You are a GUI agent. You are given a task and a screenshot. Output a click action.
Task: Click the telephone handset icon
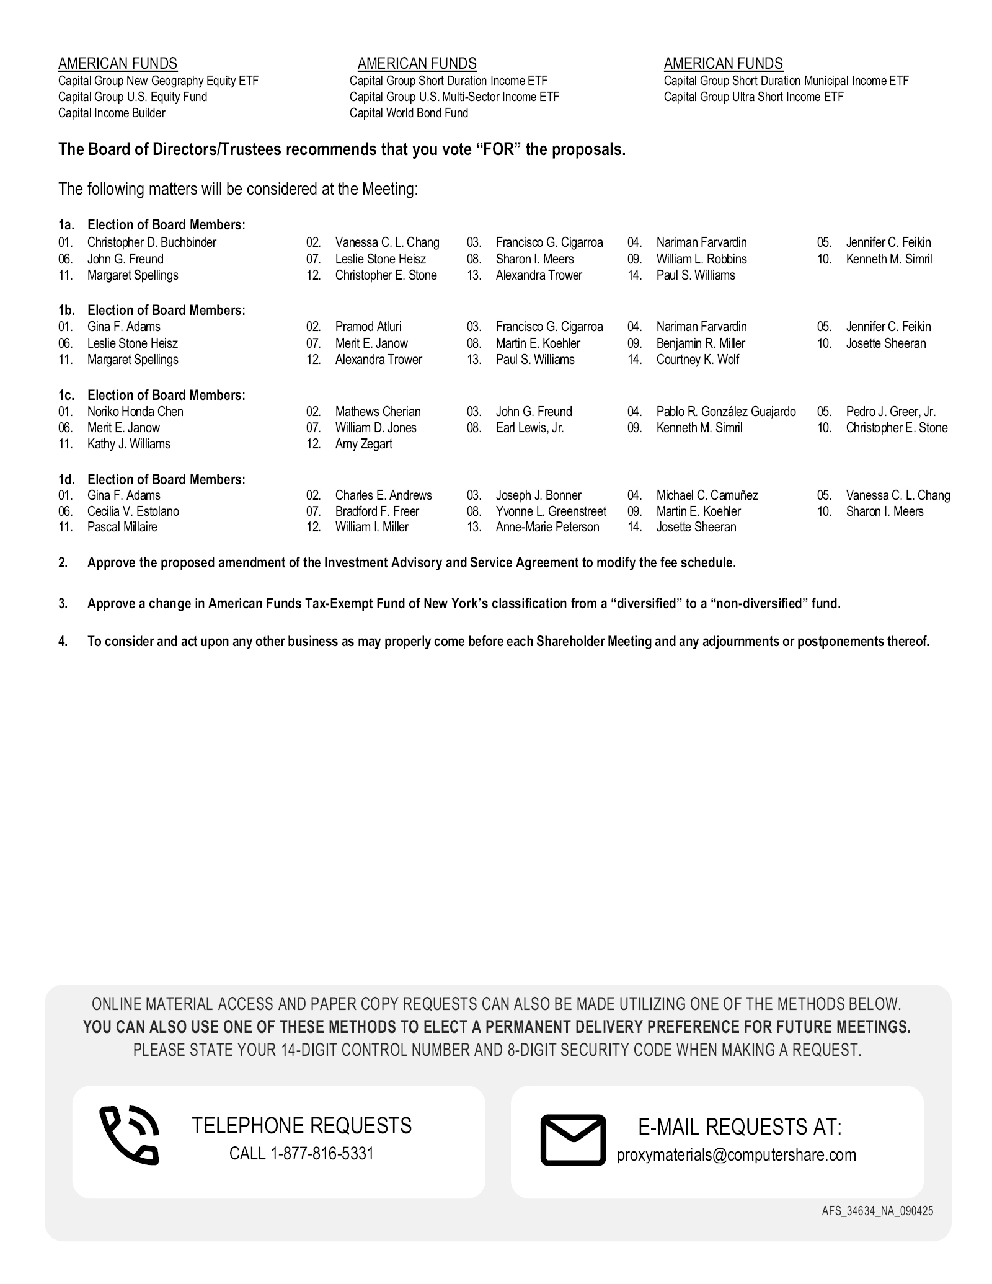[x=129, y=1135]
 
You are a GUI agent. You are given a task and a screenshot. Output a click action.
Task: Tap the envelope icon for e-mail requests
[x=573, y=1140]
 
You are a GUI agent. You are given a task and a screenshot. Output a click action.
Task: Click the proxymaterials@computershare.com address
[x=737, y=1155]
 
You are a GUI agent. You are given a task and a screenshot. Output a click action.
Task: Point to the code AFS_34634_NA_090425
[x=877, y=1211]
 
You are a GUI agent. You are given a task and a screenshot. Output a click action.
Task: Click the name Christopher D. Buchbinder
[x=152, y=242]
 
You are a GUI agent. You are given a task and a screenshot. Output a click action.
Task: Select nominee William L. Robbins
[x=701, y=259]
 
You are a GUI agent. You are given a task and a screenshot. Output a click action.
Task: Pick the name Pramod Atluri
[x=368, y=327]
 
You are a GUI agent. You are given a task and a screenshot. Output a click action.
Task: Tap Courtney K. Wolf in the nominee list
[x=697, y=360]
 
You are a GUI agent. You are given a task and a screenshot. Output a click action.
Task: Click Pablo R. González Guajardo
[x=726, y=412]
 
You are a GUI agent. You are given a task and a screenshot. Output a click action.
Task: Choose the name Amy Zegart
[x=364, y=444]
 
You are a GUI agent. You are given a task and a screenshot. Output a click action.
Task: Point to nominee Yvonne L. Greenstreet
[x=551, y=511]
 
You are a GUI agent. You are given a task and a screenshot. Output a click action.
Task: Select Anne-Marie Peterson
[x=547, y=527]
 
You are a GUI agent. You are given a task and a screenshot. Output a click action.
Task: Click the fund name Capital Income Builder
[x=112, y=113]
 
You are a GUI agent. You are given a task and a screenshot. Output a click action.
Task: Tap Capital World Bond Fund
[x=409, y=113]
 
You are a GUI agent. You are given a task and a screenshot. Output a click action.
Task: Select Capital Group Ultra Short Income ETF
[x=753, y=97]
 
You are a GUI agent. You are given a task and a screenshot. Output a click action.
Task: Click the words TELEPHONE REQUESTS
[x=302, y=1125]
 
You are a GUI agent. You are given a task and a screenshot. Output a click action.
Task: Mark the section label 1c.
[x=66, y=395]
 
